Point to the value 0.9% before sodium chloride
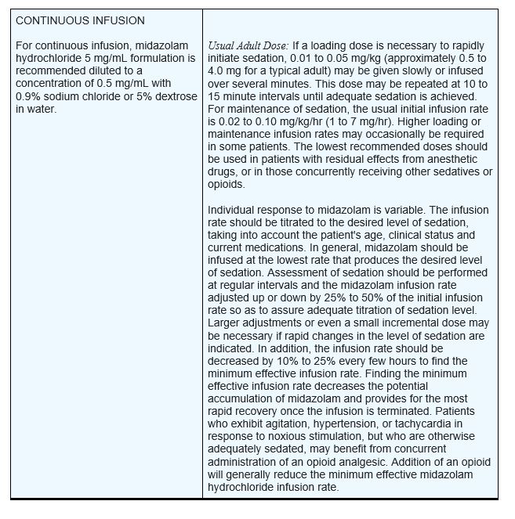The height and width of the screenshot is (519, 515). [29, 96]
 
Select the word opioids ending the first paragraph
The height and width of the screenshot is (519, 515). [226, 184]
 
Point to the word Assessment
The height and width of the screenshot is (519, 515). [299, 272]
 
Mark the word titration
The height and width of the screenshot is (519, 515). [394, 310]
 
